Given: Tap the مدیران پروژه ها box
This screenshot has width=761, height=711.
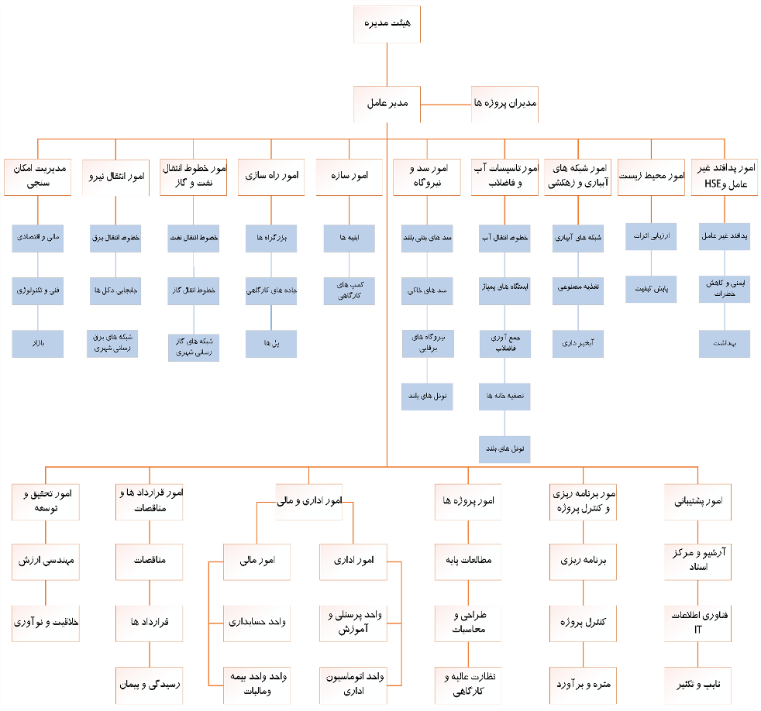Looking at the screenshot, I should [504, 103].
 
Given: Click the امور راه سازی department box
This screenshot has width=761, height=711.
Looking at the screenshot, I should [271, 177].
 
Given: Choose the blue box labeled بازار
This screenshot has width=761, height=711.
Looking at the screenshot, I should [38, 344].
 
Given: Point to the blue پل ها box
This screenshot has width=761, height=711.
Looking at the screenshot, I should [271, 344].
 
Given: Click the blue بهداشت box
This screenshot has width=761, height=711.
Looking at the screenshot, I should [725, 344].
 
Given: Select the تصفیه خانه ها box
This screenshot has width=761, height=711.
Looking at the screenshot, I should [504, 396].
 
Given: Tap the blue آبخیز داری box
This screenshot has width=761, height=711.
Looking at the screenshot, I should [578, 344].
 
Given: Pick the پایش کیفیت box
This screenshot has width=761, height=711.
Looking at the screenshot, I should [651, 288].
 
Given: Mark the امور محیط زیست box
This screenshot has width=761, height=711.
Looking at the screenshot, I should [651, 177].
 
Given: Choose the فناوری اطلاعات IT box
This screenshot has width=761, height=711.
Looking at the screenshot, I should [697, 623].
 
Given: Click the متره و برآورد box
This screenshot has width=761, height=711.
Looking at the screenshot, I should [584, 684].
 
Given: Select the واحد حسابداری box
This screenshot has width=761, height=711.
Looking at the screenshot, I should [257, 623].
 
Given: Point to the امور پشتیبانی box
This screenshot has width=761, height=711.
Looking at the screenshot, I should [697, 502].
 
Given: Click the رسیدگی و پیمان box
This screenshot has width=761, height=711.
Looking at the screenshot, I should [149, 684].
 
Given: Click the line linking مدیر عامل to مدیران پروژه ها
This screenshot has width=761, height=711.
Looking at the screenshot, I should [446, 103].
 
